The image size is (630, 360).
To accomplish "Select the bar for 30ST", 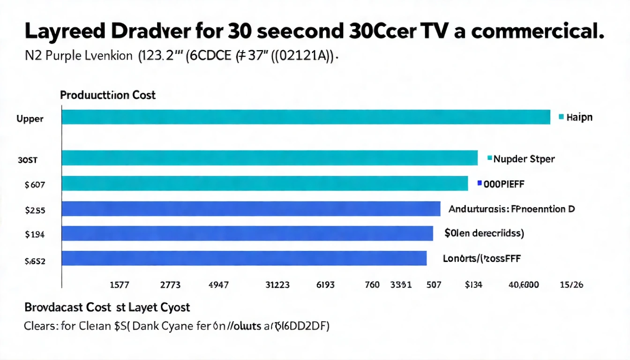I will [270, 158].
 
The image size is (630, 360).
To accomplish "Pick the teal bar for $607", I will [265, 183].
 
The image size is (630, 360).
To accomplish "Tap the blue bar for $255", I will [251, 209].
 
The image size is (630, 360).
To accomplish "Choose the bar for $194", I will [247, 233].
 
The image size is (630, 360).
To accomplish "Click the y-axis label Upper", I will [30, 119].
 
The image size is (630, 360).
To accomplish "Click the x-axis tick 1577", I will [119, 285].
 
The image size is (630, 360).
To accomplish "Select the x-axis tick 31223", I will [277, 285].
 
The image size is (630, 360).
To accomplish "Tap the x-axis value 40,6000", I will [524, 285].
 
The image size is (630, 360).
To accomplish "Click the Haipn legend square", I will [561, 117].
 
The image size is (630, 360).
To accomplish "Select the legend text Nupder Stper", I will [524, 159].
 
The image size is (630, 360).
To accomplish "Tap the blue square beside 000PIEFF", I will [479, 184].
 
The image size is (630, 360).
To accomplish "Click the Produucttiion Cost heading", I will [108, 95].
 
